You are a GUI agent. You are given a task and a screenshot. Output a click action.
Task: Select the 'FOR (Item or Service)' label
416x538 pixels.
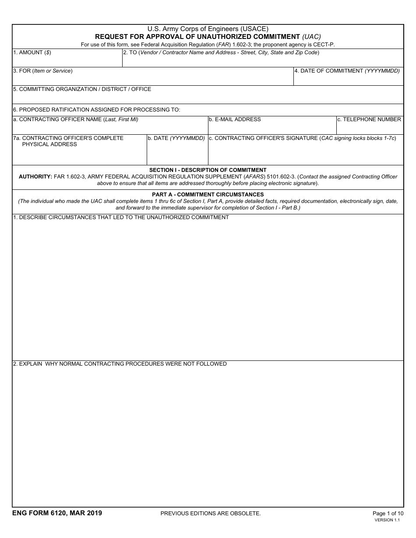click(x=42, y=71)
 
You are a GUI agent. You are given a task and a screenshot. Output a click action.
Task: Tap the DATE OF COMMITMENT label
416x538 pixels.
click(x=347, y=71)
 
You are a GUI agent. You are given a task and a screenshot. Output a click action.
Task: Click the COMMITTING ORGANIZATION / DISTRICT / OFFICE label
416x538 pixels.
click(x=82, y=89)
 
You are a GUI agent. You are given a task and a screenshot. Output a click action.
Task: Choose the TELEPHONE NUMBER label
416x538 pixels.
click(x=369, y=119)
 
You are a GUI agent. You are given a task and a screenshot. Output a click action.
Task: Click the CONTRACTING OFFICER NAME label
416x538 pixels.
click(x=75, y=119)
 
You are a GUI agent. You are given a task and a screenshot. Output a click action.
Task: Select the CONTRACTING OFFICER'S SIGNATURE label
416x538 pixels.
click(x=302, y=138)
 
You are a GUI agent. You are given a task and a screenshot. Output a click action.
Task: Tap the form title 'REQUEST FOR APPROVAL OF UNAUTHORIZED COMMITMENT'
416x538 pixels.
click(x=197, y=37)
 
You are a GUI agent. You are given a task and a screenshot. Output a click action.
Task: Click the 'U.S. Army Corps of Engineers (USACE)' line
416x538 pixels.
click(x=208, y=29)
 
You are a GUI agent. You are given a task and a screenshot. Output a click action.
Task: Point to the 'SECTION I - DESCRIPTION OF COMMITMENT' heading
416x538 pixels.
click(x=208, y=170)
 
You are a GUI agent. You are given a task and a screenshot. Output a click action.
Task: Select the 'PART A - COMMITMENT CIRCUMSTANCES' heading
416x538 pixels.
click(x=208, y=195)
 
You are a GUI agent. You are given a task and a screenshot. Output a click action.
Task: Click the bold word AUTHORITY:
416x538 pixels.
click(x=35, y=177)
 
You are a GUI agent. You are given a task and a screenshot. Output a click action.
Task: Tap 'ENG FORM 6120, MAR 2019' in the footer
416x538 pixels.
click(x=57, y=513)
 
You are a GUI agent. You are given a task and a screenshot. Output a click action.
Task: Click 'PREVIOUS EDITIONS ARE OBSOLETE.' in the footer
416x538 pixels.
click(x=211, y=514)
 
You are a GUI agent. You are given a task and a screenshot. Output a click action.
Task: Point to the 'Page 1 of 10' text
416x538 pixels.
click(x=388, y=514)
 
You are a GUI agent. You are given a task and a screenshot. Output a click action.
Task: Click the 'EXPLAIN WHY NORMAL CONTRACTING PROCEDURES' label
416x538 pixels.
click(x=120, y=364)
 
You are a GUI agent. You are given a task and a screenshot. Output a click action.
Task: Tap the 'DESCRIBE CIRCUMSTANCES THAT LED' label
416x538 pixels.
click(x=121, y=217)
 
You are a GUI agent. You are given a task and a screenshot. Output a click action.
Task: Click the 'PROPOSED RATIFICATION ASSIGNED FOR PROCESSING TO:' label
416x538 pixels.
click(x=96, y=110)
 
